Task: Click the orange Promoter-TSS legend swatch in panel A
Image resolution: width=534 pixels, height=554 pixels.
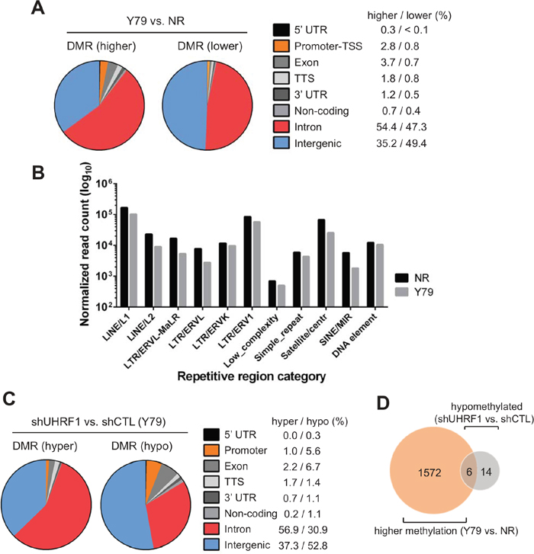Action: pos(281,47)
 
